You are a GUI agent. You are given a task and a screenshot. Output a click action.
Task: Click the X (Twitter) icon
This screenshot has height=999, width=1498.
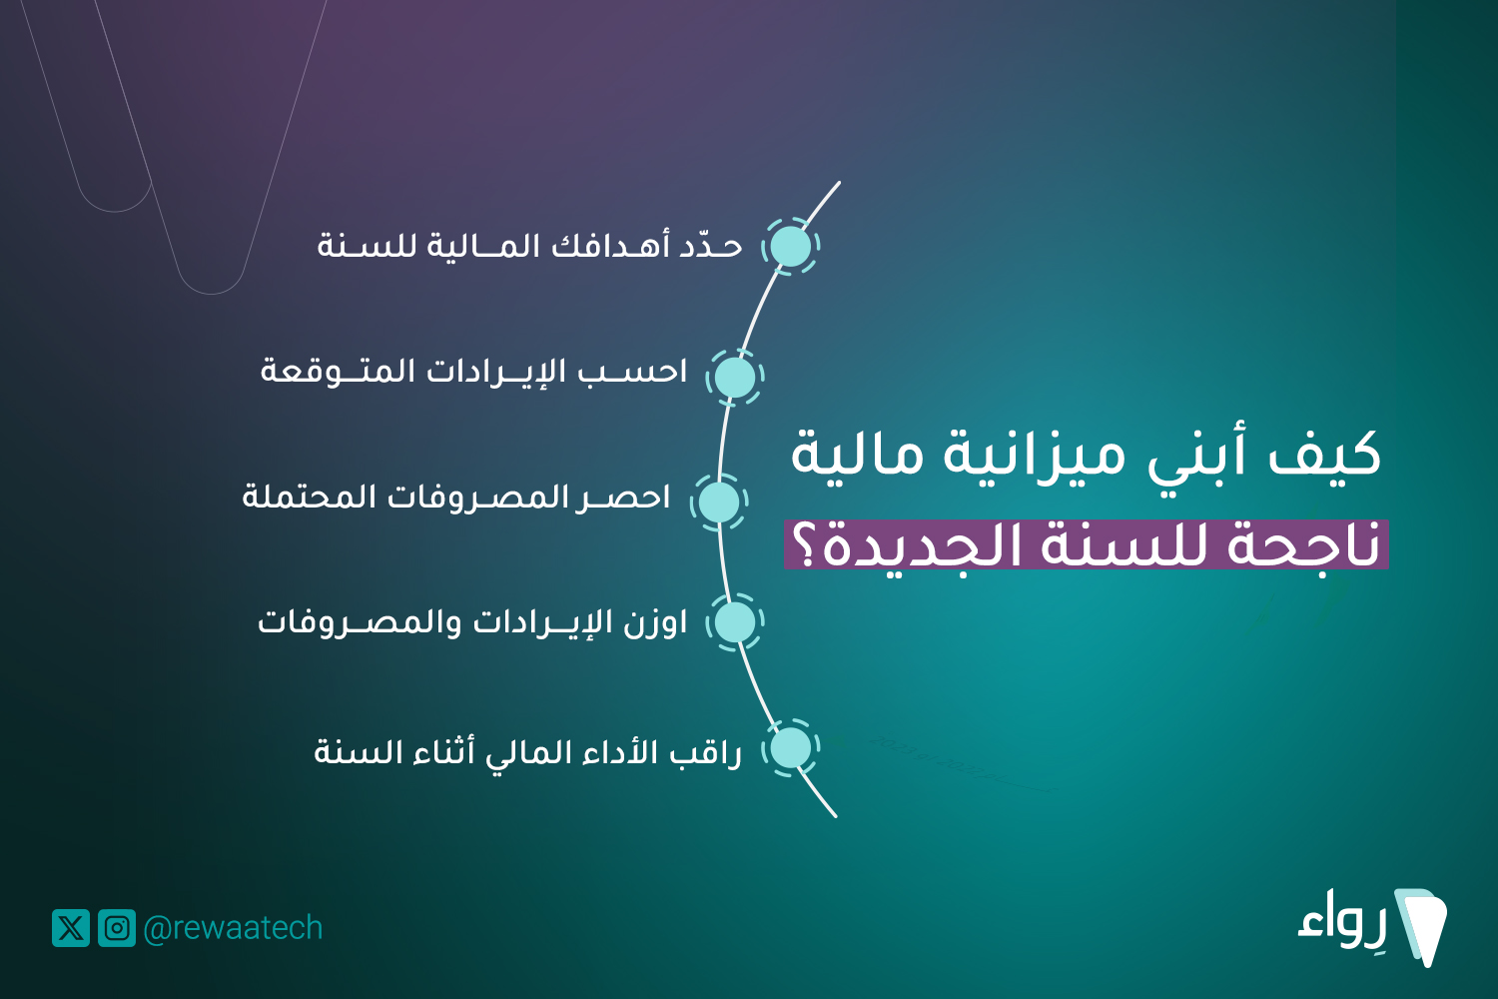coord(71,928)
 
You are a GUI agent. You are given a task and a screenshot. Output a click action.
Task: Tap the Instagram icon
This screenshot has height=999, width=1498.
coord(117,928)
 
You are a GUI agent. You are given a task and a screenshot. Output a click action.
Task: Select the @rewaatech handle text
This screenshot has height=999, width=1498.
coord(233,929)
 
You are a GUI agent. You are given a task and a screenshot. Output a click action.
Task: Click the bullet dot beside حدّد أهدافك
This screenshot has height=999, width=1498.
coord(791,246)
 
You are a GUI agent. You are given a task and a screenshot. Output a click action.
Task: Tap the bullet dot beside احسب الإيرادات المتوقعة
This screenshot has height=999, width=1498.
coord(735,377)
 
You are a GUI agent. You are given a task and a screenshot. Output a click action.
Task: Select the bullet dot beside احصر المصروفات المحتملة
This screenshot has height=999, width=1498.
coord(719,501)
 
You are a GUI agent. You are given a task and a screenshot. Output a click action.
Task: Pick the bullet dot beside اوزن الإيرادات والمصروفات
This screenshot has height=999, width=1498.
coord(735,622)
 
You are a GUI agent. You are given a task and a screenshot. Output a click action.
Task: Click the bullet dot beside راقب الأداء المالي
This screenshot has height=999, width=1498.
coord(791,748)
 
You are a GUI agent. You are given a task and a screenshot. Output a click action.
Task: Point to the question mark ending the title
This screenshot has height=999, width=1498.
coord(805,543)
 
